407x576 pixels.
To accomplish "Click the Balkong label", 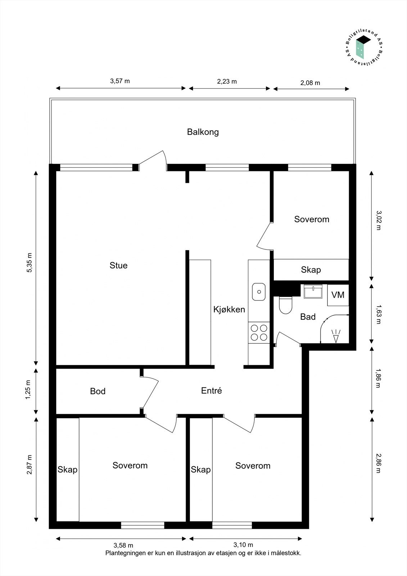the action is coord(203,132).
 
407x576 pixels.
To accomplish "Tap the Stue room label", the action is coord(118,265).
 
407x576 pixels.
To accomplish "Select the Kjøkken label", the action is coord(229,309).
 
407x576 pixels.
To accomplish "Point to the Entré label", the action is coord(211,391).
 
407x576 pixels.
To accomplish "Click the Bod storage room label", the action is coord(98,391).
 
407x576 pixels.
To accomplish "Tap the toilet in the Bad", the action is coord(285,305).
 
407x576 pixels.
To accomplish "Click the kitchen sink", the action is coord(259,292).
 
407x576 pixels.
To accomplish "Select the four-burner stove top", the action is coord(259,333).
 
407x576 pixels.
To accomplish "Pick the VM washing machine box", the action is coord(338,295).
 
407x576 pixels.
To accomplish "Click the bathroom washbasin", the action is coord(313,291).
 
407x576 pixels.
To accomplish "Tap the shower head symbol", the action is coord(336,336).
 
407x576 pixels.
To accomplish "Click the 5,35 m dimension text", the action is coord(30,262).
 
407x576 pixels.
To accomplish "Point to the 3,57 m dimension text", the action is coord(120,81).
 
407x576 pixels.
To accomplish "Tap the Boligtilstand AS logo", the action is coord(363,49).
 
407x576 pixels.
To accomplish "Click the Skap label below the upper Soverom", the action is coord(311,270).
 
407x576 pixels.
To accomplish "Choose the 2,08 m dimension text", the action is coord(310,83).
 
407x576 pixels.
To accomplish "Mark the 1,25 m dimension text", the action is coord(28,390).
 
